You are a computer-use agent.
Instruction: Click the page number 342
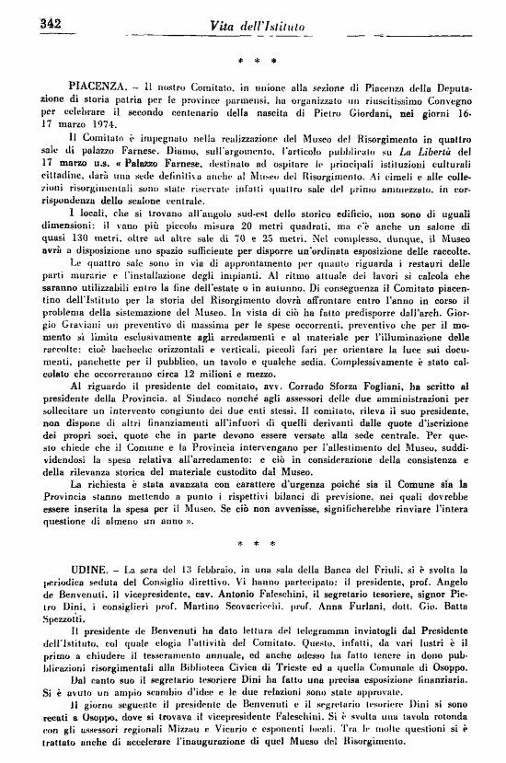click(44, 22)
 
